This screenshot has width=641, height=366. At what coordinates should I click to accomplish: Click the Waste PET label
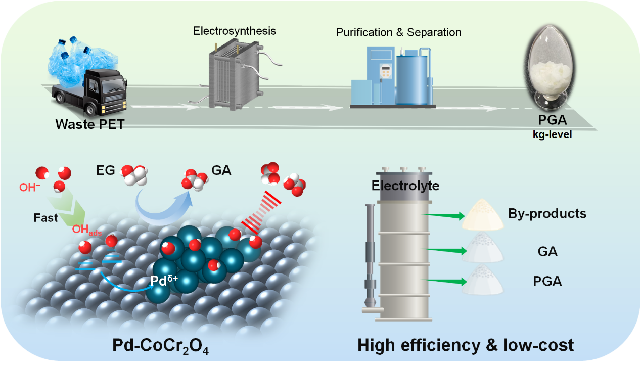(x=89, y=124)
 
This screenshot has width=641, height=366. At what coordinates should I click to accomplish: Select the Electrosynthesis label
(x=235, y=31)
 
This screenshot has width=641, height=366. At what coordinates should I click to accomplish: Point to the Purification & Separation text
(x=398, y=32)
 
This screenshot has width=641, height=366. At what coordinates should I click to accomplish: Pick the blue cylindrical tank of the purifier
(x=414, y=76)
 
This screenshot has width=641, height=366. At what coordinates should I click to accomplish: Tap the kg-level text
(x=553, y=135)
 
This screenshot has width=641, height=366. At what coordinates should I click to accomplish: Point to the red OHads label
(x=85, y=230)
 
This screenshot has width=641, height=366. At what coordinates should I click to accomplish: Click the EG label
(x=103, y=170)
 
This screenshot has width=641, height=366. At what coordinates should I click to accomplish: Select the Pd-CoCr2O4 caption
(x=162, y=347)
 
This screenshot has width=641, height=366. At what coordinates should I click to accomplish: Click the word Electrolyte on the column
(x=405, y=186)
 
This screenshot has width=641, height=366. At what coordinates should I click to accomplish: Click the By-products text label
(x=547, y=213)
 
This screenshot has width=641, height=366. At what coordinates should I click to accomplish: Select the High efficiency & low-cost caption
(x=465, y=345)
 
